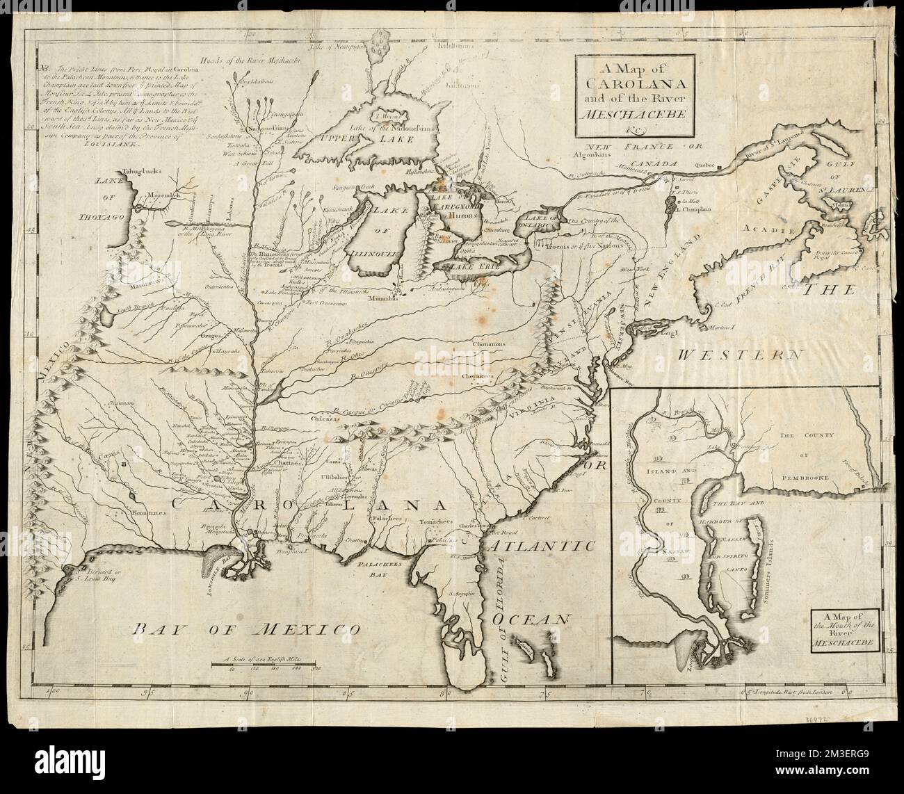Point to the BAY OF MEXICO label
pyautogui.click(x=246, y=630)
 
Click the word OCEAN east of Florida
pyautogui.click(x=542, y=617)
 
